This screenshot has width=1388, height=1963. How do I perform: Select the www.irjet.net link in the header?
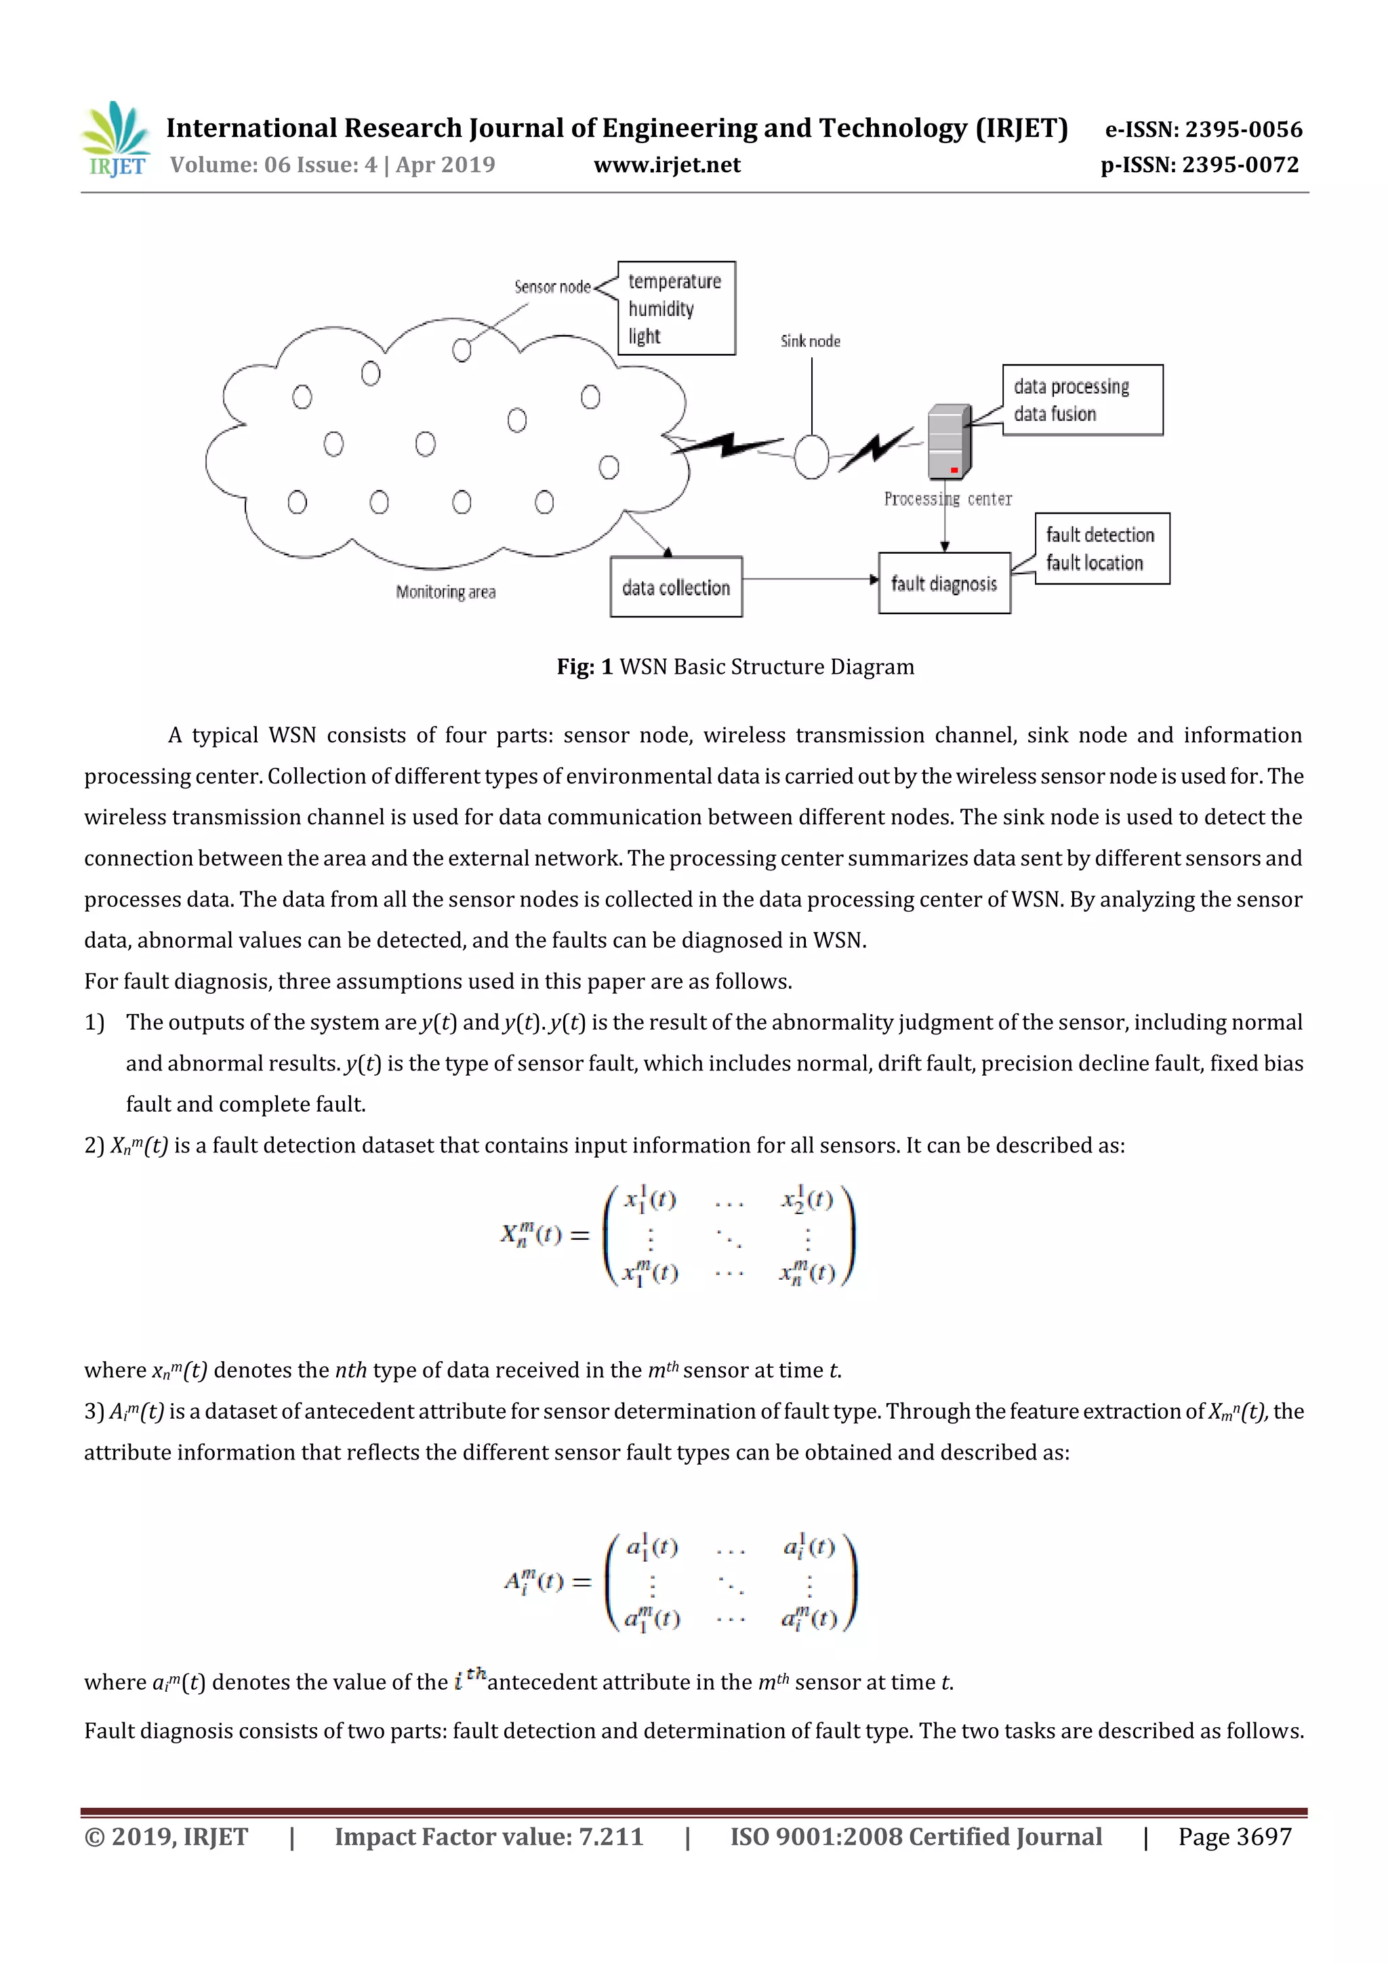pos(667,165)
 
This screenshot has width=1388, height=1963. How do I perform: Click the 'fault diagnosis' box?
pos(944,583)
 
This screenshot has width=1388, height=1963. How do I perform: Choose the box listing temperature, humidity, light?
pos(676,308)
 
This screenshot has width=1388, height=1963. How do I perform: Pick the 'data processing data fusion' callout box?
pos(1082,400)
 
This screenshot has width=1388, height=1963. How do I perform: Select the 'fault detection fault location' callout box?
pos(1102,549)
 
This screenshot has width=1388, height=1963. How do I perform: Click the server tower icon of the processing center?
pos(949,442)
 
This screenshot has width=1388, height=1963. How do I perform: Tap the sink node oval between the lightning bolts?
pos(811,457)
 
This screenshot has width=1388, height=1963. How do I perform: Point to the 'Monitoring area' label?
pos(445,592)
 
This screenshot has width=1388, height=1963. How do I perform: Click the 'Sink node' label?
pos(811,341)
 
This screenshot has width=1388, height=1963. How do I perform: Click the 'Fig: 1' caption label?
pos(585,667)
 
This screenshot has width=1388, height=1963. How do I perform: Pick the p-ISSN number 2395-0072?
pos(1240,165)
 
